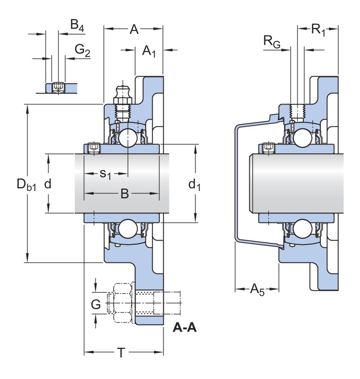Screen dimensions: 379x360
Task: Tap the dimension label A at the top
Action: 134,29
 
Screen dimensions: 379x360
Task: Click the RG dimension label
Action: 272,41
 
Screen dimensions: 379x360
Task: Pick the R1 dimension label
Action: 318,29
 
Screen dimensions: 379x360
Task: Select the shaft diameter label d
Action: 48,184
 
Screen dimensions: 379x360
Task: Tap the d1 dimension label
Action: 194,185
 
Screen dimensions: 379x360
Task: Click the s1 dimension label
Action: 106,174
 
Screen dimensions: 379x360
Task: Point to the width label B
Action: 124,194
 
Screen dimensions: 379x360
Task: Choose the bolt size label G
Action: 95,304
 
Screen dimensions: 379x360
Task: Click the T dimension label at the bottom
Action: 121,353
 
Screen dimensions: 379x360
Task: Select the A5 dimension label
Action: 257,290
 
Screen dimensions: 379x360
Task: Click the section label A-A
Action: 185,327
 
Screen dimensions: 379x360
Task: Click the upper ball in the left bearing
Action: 128,137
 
